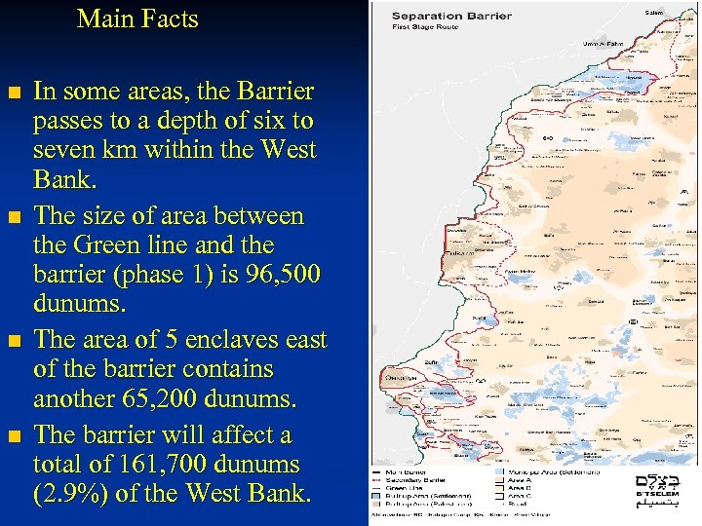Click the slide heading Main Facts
[137, 19]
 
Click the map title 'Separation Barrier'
[435, 16]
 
